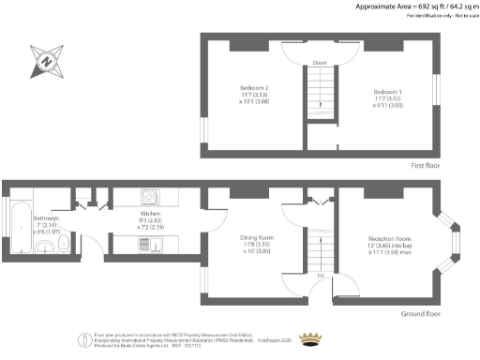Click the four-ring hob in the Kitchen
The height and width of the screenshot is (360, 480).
(151, 198)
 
